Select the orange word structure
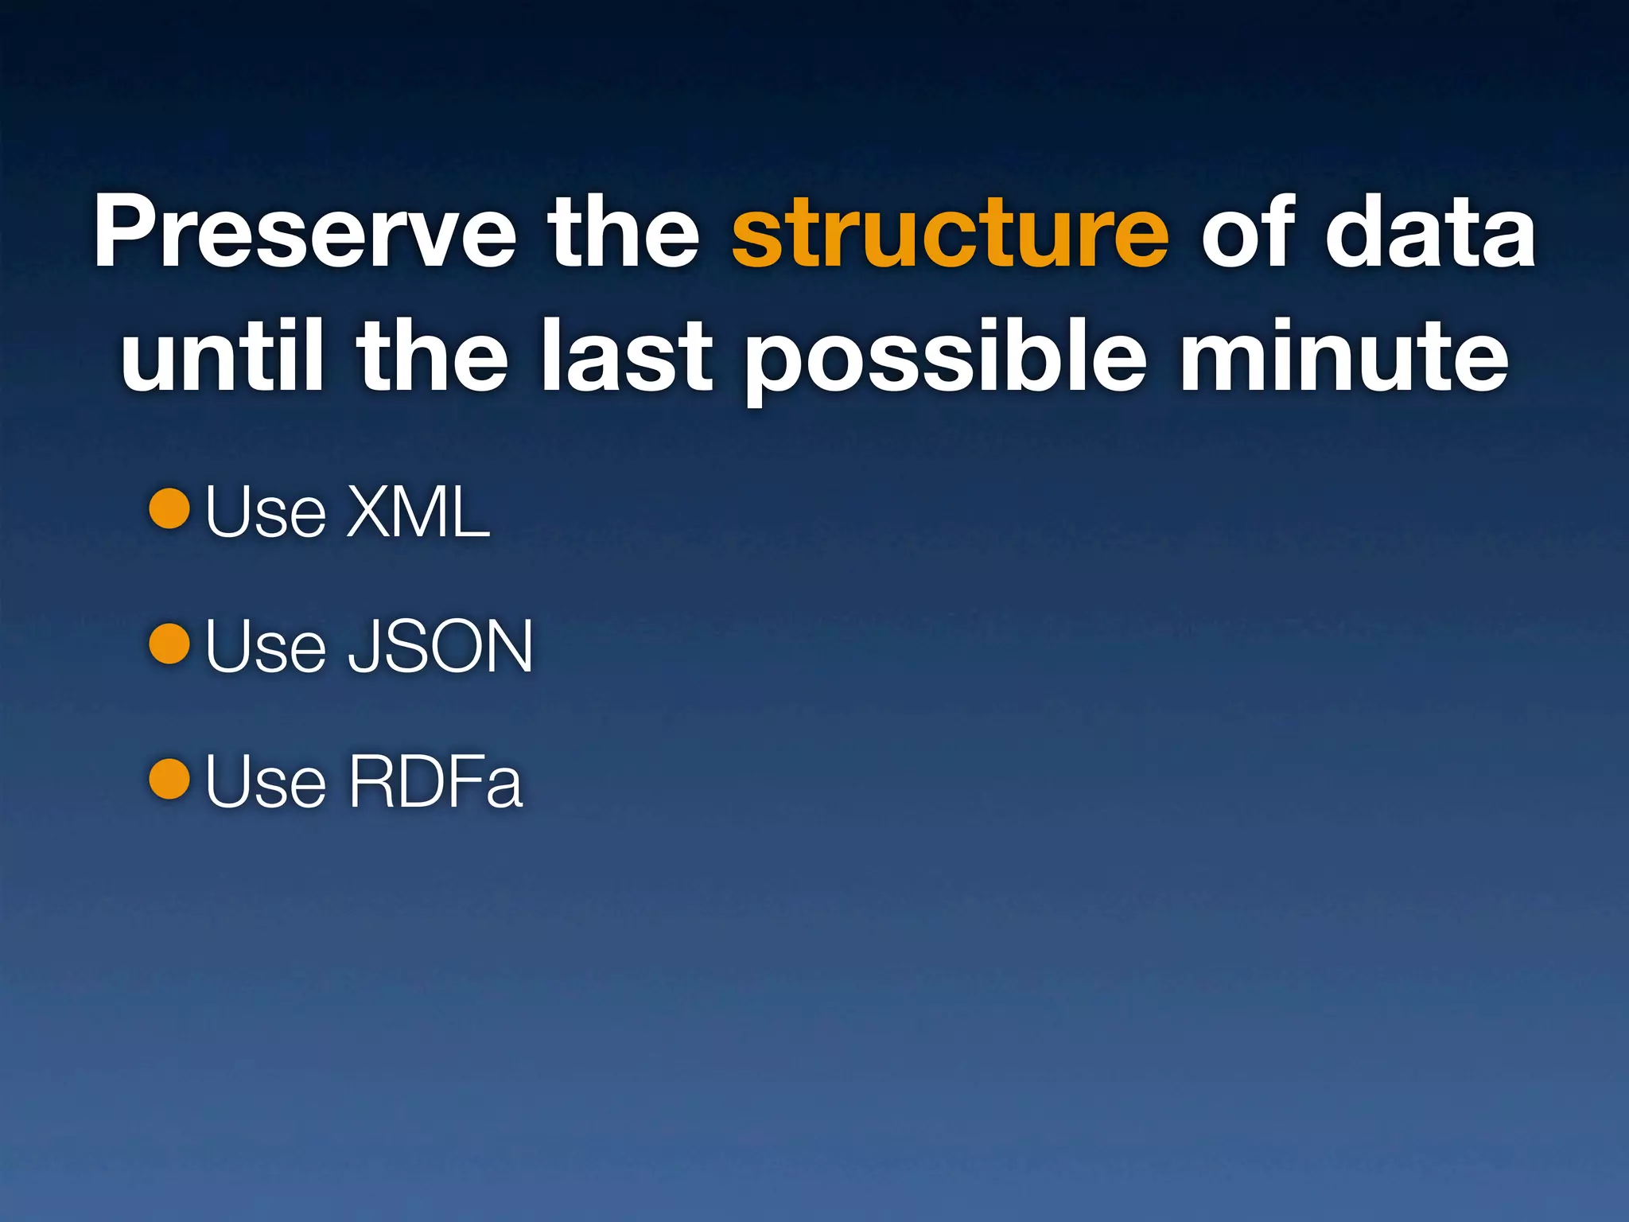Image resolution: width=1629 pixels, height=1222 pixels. [950, 233]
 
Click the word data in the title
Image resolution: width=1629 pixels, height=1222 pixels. [1429, 233]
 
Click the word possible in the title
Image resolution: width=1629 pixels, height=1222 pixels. [945, 362]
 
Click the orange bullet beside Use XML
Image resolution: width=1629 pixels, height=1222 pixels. [169, 508]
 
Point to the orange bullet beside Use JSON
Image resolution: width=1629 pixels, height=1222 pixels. [169, 644]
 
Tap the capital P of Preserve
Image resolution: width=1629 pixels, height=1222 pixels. [127, 233]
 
